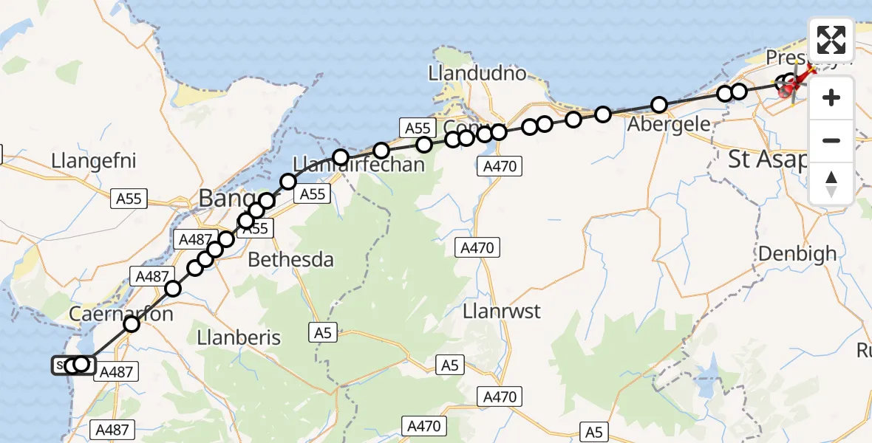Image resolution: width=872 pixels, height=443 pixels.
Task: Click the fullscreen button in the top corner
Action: (x=831, y=40)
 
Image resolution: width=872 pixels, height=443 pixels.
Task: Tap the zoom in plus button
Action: (x=831, y=97)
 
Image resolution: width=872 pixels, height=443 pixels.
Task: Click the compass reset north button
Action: (x=831, y=184)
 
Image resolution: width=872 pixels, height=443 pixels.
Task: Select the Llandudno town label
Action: (x=477, y=73)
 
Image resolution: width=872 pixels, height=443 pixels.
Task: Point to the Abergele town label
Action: (x=668, y=123)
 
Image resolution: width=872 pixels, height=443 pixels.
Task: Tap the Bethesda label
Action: (x=290, y=260)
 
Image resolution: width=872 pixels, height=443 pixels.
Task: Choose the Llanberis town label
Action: (x=240, y=337)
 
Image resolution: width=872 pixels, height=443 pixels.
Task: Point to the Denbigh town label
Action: (x=797, y=253)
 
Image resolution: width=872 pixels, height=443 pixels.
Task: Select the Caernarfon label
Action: (x=111, y=314)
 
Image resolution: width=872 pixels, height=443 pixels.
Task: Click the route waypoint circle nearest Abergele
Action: (x=658, y=105)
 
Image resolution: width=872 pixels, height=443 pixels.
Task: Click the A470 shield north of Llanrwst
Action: (x=477, y=247)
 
